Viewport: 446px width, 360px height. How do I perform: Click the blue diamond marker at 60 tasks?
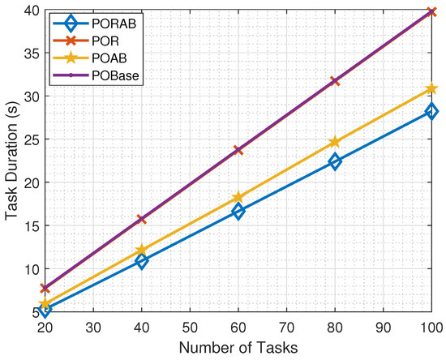(x=238, y=211)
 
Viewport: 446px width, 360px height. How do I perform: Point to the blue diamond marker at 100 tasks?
(x=431, y=111)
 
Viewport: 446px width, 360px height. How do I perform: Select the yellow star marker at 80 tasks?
(x=335, y=142)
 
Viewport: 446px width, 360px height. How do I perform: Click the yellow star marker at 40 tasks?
(x=142, y=251)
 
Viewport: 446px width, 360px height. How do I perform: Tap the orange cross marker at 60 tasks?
(x=238, y=150)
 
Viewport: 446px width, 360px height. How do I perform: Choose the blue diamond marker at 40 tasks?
(x=142, y=261)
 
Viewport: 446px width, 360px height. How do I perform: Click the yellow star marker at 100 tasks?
(x=431, y=88)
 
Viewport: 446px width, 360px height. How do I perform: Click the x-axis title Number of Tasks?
(x=238, y=347)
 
